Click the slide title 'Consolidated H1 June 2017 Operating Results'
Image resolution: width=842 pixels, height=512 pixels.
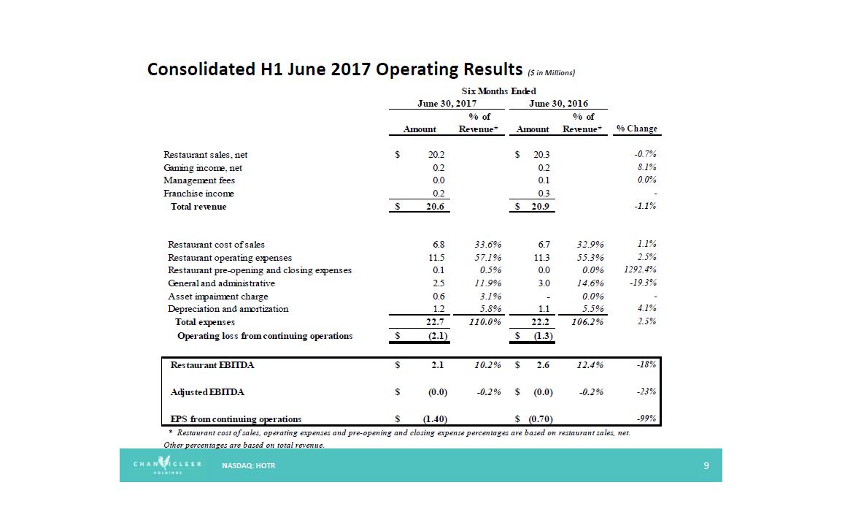pyautogui.click(x=334, y=69)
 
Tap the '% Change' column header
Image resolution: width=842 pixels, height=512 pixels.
pyautogui.click(x=636, y=129)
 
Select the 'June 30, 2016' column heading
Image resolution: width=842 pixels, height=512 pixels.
pyautogui.click(x=558, y=104)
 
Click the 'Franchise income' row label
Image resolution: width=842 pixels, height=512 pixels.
pyautogui.click(x=198, y=194)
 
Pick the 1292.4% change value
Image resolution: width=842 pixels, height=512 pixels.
pyautogui.click(x=639, y=270)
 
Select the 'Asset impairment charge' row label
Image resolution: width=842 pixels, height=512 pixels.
pyautogui.click(x=217, y=297)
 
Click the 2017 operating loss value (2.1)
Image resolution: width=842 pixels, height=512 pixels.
pyautogui.click(x=436, y=336)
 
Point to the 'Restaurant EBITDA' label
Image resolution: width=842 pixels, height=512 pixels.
pyautogui.click(x=212, y=365)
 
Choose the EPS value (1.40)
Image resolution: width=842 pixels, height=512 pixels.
pyautogui.click(x=435, y=419)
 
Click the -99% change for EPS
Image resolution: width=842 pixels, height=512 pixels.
pyautogui.click(x=646, y=419)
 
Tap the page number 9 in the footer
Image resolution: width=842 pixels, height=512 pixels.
pyautogui.click(x=706, y=465)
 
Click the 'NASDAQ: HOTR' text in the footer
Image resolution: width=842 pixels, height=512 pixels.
pyautogui.click(x=249, y=465)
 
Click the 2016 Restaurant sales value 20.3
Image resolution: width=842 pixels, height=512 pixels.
pyautogui.click(x=541, y=155)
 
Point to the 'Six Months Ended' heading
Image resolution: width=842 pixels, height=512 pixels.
pyautogui.click(x=498, y=91)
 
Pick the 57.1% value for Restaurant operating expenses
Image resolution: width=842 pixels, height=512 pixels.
pyautogui.click(x=484, y=258)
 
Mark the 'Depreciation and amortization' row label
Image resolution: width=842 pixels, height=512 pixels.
pyautogui.click(x=228, y=309)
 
